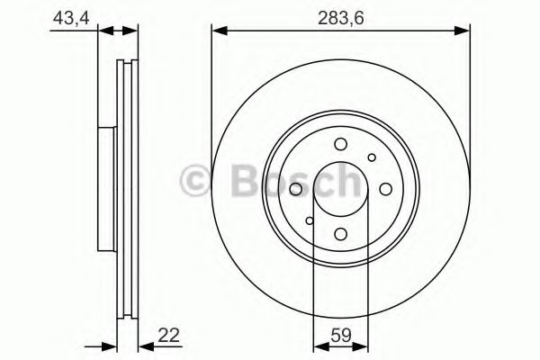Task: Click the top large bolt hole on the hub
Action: coord(340,144)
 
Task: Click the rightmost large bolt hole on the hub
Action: coord(385,189)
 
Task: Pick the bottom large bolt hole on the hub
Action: coord(340,234)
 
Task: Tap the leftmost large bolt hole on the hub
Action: coord(295,189)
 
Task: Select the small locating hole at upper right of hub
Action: coord(372,157)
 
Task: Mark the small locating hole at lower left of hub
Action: coord(309,220)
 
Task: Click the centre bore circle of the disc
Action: coord(340,189)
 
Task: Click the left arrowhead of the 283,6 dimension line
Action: coord(217,32)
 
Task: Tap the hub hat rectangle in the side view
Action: coord(107,189)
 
